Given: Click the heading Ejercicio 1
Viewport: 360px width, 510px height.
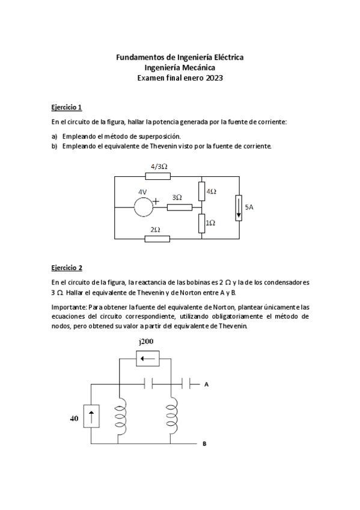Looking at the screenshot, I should coord(66,107).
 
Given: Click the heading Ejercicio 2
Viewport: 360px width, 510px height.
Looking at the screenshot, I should coord(66,268).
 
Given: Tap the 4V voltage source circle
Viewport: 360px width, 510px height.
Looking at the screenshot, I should coord(143,206).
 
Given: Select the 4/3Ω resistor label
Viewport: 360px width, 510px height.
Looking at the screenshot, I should coord(159,166).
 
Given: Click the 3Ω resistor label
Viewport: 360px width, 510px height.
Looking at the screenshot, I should coord(177,197).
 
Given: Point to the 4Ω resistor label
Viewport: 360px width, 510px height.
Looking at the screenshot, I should coord(212,191).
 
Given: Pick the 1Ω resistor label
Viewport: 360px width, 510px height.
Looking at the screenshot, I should coord(211,223).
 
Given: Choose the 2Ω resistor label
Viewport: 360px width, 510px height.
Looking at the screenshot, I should coord(155,229).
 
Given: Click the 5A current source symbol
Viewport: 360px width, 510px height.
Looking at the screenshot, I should coord(239,207).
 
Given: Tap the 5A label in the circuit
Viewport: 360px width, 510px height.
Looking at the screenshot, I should coord(249,207).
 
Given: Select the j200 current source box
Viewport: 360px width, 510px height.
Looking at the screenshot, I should coord(147,360).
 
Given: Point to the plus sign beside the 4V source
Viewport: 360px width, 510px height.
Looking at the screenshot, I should coord(156,202).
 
